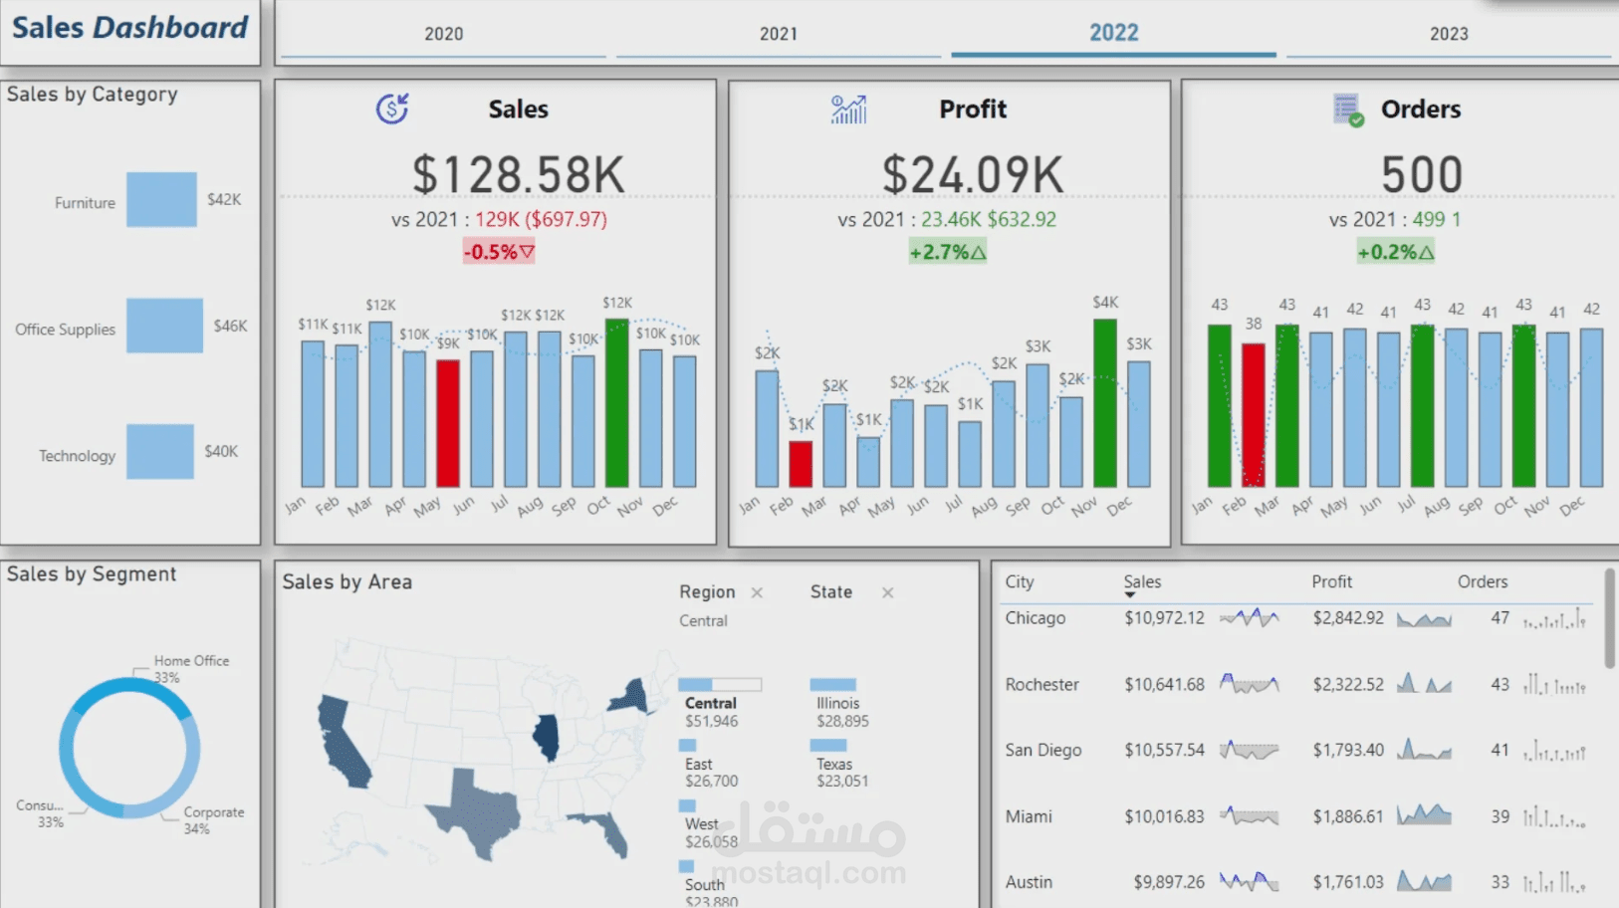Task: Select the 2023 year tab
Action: (x=1448, y=34)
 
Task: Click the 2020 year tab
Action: (x=443, y=34)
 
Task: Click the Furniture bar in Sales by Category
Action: (x=161, y=200)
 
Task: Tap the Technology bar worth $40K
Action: (x=160, y=452)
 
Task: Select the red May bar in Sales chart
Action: (x=448, y=423)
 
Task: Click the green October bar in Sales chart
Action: (x=617, y=403)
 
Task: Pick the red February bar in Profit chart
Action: (x=801, y=463)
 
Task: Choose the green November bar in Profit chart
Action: (x=1104, y=403)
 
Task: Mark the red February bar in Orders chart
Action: (x=1253, y=414)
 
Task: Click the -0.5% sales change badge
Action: (x=498, y=252)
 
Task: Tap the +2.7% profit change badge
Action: (x=947, y=252)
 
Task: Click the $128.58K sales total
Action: (x=518, y=175)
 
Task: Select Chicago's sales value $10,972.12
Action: (x=1164, y=618)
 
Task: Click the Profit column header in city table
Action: (x=1331, y=582)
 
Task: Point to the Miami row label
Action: (x=1029, y=816)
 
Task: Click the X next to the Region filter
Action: (x=757, y=592)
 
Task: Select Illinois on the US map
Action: (x=546, y=738)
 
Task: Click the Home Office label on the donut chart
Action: (x=191, y=661)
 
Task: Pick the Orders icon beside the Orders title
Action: (x=1347, y=110)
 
